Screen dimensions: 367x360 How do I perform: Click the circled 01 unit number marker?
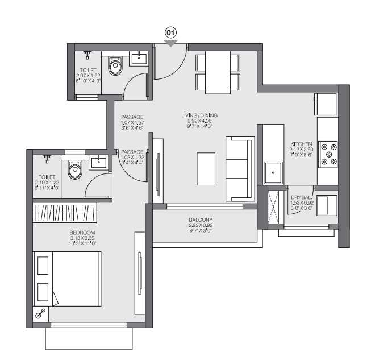(x=170, y=32)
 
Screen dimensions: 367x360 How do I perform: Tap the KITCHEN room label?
(x=301, y=144)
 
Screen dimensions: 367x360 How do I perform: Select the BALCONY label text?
(x=201, y=220)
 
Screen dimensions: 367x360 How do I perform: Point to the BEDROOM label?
(x=82, y=233)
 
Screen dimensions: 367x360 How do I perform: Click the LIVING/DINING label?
(x=199, y=115)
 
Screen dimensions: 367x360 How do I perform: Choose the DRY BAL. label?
(x=302, y=197)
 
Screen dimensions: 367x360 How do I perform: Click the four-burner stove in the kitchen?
(x=329, y=155)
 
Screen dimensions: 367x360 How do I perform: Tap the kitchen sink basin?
(x=273, y=173)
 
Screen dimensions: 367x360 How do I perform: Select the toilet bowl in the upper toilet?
(x=115, y=65)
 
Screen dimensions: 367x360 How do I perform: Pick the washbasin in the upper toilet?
(x=139, y=59)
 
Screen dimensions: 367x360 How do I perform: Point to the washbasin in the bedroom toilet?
(x=98, y=162)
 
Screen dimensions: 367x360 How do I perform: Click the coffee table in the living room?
(x=206, y=169)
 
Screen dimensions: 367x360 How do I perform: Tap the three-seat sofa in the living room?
(x=240, y=169)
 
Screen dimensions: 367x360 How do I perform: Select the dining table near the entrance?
(x=218, y=72)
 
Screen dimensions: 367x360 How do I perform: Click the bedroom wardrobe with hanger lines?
(x=65, y=213)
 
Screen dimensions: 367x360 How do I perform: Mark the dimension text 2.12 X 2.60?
(x=301, y=150)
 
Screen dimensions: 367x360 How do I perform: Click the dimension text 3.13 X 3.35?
(x=82, y=238)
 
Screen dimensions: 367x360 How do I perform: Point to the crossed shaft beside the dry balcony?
(x=273, y=207)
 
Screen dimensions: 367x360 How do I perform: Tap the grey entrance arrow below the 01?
(x=170, y=43)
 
